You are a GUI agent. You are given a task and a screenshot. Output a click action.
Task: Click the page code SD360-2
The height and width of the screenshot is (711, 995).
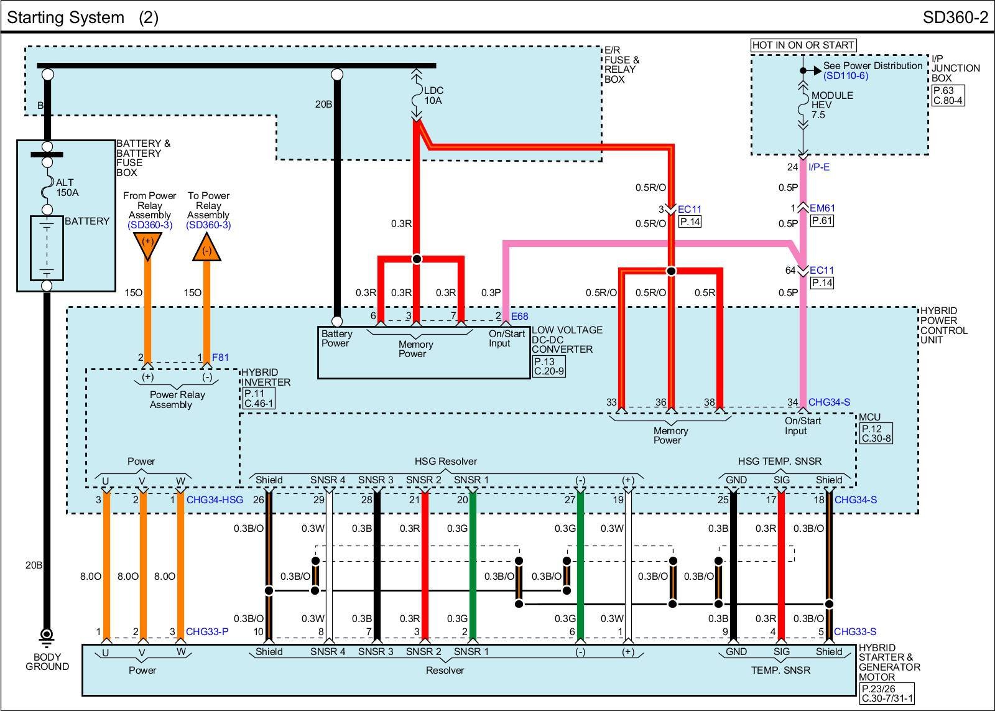click(955, 17)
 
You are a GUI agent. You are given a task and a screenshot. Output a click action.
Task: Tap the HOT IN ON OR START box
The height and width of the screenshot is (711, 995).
click(803, 45)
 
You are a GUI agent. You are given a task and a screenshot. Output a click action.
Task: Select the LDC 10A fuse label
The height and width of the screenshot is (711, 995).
click(433, 95)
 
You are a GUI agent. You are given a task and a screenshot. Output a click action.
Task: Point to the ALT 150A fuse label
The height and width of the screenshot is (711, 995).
click(67, 187)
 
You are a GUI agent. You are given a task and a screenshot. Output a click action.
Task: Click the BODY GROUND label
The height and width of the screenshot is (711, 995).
click(47, 662)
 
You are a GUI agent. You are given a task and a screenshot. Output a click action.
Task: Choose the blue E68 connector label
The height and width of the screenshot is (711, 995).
click(519, 317)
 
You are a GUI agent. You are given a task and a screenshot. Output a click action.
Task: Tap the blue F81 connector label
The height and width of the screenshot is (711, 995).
click(220, 357)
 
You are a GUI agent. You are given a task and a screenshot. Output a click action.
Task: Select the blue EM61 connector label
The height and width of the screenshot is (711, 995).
click(822, 208)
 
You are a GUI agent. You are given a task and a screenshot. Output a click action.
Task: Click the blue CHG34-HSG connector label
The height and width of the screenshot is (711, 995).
click(215, 500)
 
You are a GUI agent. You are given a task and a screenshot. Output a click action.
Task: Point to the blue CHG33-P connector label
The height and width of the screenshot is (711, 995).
click(207, 632)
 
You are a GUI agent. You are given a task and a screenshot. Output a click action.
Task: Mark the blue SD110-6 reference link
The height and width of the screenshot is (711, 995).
click(845, 76)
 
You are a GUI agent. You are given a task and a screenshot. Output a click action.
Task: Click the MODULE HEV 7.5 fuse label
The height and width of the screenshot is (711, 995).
click(832, 105)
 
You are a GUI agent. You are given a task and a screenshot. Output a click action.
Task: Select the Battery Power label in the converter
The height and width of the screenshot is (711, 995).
click(336, 338)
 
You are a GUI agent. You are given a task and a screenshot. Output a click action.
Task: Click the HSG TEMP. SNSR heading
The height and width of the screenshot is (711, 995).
click(779, 461)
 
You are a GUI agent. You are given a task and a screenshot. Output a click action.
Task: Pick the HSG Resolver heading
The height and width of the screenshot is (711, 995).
click(445, 461)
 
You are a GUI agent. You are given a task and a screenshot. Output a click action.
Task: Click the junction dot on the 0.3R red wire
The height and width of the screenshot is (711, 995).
click(417, 259)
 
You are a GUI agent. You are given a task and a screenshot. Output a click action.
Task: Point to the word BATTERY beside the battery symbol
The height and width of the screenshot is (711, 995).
click(86, 221)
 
